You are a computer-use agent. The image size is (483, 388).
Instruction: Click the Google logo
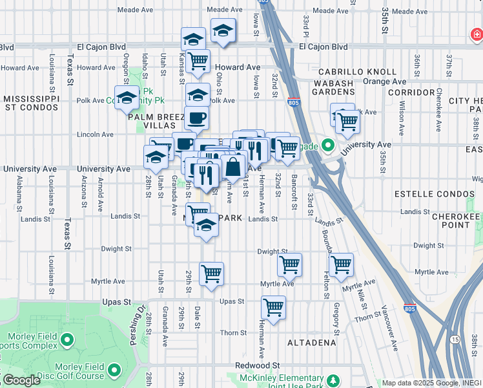click(x=22, y=381)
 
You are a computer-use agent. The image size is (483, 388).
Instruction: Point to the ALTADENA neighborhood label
click(x=312, y=342)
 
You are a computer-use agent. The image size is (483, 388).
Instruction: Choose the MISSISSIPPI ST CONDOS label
click(x=32, y=103)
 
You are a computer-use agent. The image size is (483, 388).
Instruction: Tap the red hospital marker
click(x=475, y=34)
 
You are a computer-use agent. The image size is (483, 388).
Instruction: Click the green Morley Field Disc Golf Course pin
click(x=114, y=371)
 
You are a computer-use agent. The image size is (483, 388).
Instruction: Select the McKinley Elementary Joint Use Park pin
click(x=333, y=380)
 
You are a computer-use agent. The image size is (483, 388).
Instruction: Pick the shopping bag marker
click(x=232, y=166)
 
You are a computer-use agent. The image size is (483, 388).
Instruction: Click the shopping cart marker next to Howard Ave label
click(x=198, y=61)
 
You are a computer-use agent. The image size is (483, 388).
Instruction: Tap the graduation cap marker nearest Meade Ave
click(x=223, y=30)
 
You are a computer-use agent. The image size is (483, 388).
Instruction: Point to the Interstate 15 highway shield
click(x=456, y=339)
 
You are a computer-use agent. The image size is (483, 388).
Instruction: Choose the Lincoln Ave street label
click(x=95, y=135)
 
